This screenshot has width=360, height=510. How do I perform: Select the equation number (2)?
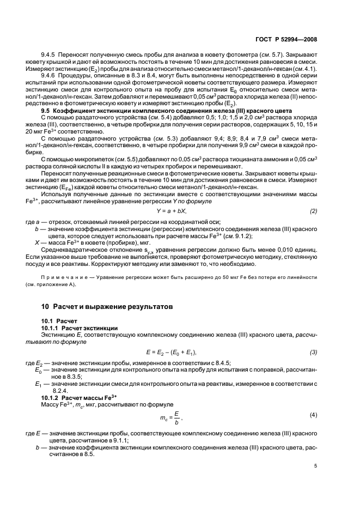(314, 210)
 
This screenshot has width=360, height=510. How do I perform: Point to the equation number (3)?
(314, 352)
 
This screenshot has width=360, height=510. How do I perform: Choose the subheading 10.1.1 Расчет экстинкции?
(77, 329)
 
